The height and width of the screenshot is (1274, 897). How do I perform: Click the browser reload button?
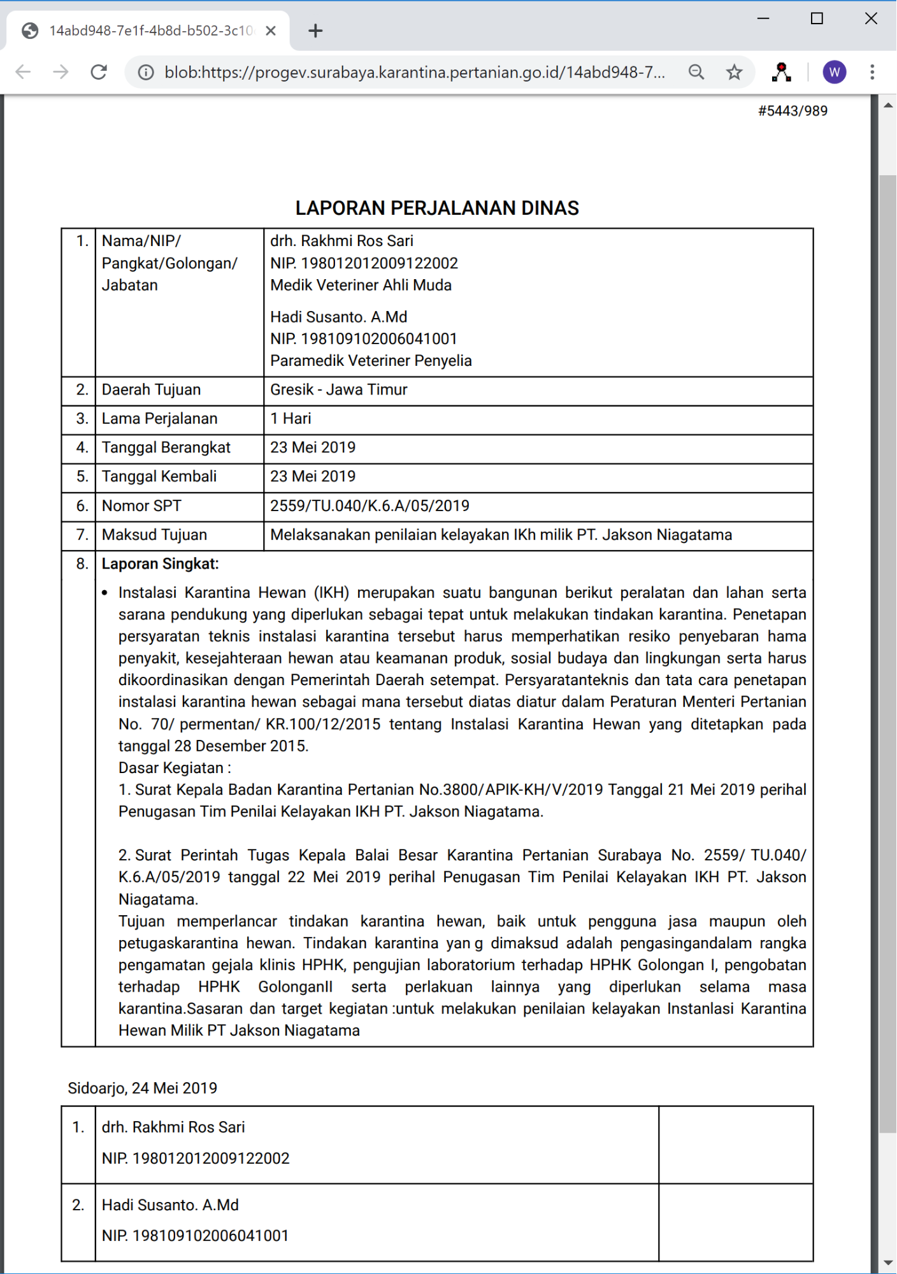click(x=99, y=72)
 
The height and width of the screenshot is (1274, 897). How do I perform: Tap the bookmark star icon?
click(x=734, y=72)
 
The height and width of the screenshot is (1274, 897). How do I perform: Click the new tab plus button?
click(x=315, y=31)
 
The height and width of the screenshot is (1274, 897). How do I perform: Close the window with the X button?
click(x=871, y=18)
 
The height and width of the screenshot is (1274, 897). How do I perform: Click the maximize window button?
click(x=817, y=18)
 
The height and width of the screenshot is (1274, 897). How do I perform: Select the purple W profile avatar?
click(x=834, y=72)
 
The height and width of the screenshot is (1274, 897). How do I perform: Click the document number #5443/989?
click(x=793, y=111)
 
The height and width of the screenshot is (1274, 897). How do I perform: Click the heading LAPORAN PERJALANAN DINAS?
click(x=437, y=208)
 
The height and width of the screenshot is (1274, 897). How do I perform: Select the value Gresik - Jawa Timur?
click(x=338, y=389)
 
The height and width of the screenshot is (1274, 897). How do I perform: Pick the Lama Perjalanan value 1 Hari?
click(x=291, y=419)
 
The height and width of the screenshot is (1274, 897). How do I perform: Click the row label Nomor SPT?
click(x=141, y=506)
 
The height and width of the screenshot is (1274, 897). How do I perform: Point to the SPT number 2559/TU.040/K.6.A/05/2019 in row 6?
click(x=370, y=506)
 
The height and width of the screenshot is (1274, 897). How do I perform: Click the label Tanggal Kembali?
click(x=159, y=477)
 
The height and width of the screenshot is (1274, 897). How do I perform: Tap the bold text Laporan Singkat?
click(x=160, y=564)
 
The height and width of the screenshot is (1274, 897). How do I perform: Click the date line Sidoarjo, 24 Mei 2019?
click(x=143, y=1088)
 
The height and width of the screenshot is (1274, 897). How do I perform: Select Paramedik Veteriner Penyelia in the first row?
click(x=371, y=361)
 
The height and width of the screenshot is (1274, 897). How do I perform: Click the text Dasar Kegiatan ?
click(x=175, y=768)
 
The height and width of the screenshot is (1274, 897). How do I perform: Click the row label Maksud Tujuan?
click(x=154, y=535)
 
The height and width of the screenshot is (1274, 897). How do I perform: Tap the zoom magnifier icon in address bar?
click(x=696, y=72)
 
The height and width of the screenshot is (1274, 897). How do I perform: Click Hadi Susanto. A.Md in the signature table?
click(x=170, y=1205)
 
